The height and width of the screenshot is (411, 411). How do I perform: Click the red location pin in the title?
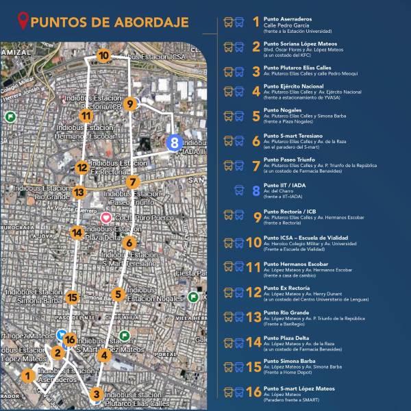25,21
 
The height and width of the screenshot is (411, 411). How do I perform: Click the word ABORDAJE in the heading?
151,22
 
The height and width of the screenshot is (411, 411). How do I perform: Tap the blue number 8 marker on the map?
174,143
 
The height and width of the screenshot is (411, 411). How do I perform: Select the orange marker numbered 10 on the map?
103,56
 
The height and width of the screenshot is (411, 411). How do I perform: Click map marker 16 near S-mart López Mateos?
69,339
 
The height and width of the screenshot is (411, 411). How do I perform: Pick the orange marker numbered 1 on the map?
27,375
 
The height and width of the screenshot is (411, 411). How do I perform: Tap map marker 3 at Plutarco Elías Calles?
96,394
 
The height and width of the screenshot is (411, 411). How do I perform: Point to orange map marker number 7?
133,182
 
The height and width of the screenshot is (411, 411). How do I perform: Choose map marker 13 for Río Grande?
79,192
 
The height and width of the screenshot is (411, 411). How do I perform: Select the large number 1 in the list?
256,23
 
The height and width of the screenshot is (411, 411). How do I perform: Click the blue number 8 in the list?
256,191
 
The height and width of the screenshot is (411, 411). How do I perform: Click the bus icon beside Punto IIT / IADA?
239,191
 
